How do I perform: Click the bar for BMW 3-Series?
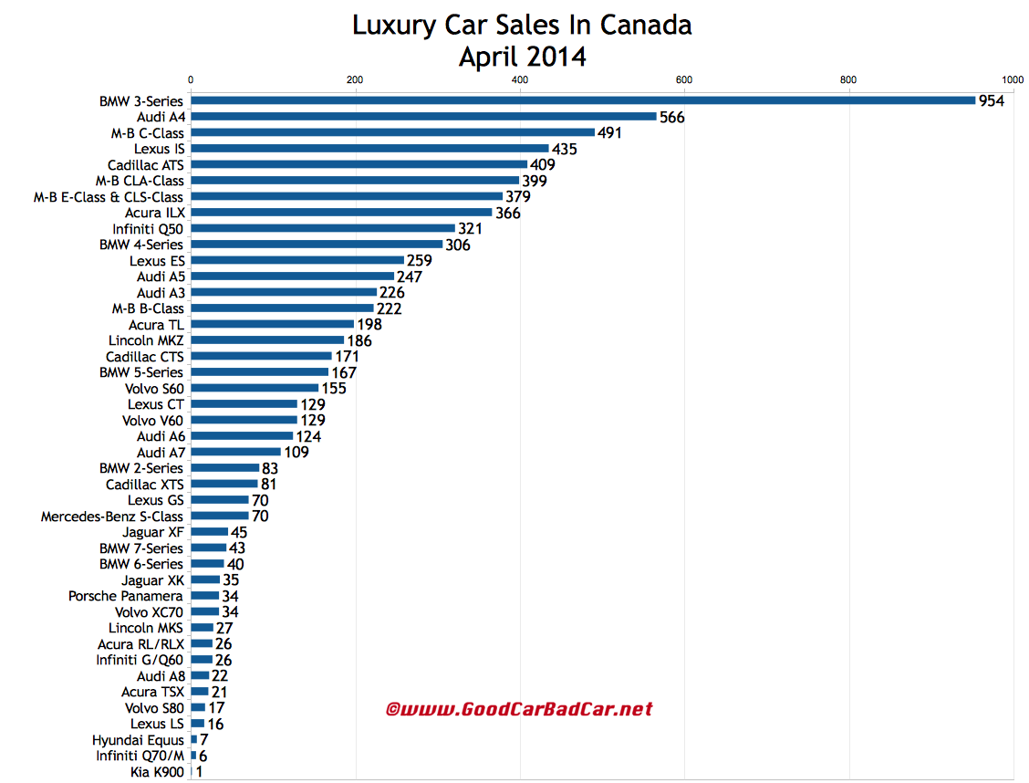click(583, 100)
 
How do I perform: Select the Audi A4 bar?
click(423, 117)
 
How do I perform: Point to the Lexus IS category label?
click(158, 149)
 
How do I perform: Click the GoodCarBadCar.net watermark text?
click(519, 709)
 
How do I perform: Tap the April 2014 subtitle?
click(522, 57)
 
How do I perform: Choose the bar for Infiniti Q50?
click(323, 228)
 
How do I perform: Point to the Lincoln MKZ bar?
click(267, 340)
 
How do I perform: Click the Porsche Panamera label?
click(125, 596)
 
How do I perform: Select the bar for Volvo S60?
click(255, 388)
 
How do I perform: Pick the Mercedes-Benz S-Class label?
click(111, 517)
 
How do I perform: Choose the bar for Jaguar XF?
click(209, 532)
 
